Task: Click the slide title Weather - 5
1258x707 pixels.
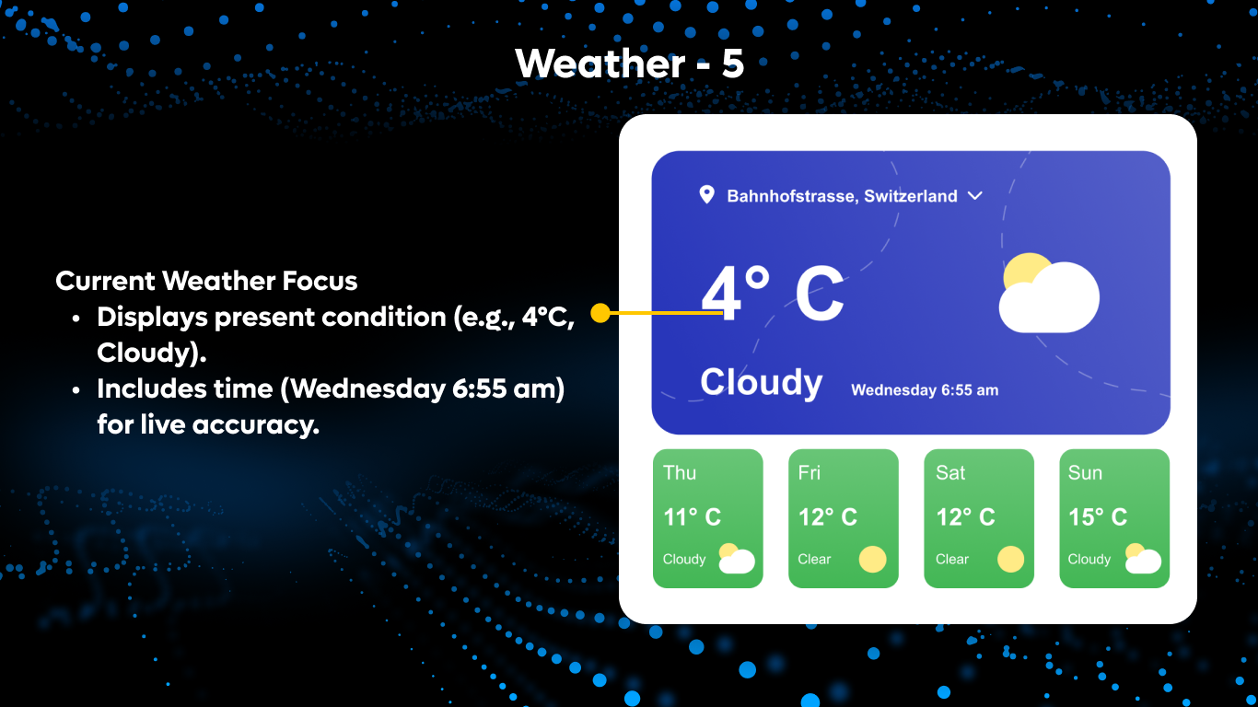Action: click(629, 64)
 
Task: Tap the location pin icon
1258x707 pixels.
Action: click(706, 194)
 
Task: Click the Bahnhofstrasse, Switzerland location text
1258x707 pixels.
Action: click(842, 196)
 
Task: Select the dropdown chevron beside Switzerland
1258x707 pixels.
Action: click(975, 195)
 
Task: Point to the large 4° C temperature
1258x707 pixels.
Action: click(773, 294)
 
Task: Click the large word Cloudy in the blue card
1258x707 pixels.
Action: click(761, 382)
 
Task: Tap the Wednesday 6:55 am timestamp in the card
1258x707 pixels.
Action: click(924, 390)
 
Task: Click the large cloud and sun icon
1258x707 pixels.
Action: click(1048, 293)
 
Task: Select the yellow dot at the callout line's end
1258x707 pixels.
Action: click(600, 313)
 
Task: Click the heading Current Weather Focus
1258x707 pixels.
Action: click(206, 281)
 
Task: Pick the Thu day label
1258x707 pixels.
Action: click(680, 473)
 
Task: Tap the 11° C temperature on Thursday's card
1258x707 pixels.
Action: click(692, 517)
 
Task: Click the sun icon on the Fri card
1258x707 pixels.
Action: click(872, 559)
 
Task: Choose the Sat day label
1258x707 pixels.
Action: click(950, 473)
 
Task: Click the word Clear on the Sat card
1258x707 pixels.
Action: click(952, 559)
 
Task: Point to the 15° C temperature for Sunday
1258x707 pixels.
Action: click(1097, 517)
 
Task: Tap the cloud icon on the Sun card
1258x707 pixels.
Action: click(1142, 559)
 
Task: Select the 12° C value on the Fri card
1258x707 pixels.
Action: click(827, 517)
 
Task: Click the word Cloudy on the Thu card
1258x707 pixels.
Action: click(684, 559)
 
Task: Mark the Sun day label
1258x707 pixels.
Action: click(1085, 473)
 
